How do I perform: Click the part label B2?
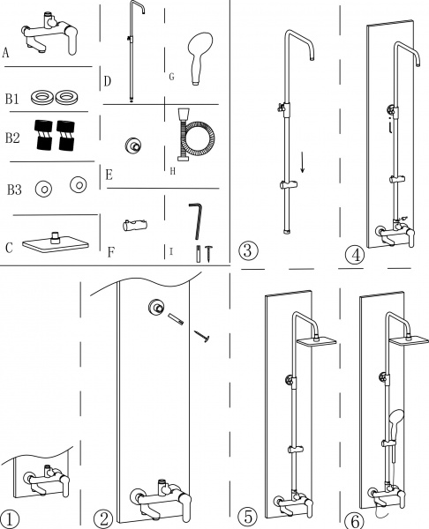12,138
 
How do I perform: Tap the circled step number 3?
248,250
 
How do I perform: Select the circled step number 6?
356,521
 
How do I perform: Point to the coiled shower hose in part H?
195,135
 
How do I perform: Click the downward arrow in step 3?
302,162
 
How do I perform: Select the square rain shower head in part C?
56,243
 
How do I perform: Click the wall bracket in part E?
132,145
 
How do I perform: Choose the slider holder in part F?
135,225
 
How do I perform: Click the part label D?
107,81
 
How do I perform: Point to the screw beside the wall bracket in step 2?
202,337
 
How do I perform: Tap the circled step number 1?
9,519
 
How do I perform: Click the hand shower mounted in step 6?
395,424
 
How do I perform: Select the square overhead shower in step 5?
317,340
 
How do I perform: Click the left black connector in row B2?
43,135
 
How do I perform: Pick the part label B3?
14,190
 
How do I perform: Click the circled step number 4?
355,256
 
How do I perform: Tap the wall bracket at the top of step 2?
157,308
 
